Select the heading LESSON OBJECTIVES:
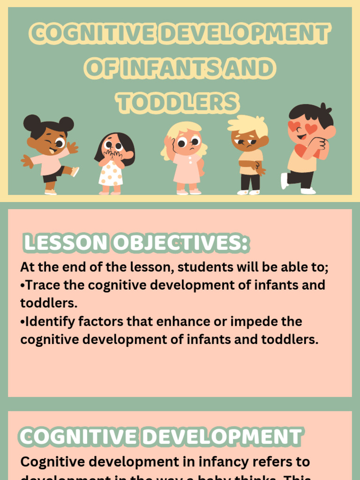pos(136,243)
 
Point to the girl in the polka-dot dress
pos(113,164)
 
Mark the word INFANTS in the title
pos(164,69)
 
